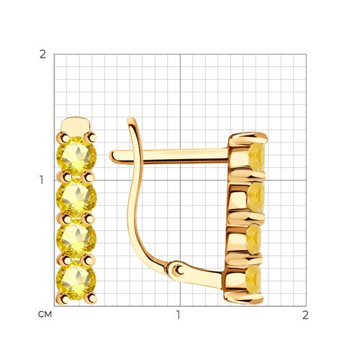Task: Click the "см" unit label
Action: (x=45, y=315)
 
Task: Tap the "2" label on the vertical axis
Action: (x=42, y=55)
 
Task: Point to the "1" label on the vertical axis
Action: (x=42, y=180)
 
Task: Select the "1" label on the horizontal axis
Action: (x=178, y=315)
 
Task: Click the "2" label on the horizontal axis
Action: (x=305, y=315)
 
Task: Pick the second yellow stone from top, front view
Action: (x=76, y=197)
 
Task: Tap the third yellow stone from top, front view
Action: (x=76, y=238)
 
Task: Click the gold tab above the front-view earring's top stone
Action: (x=76, y=125)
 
